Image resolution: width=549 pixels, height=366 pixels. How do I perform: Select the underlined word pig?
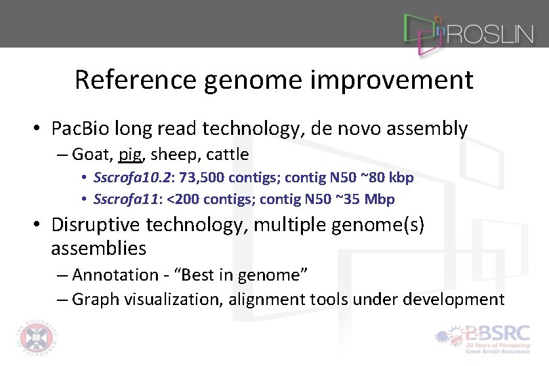pyautogui.click(x=129, y=155)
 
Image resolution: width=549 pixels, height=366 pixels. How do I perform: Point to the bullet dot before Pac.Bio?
pyautogui.click(x=41, y=129)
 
